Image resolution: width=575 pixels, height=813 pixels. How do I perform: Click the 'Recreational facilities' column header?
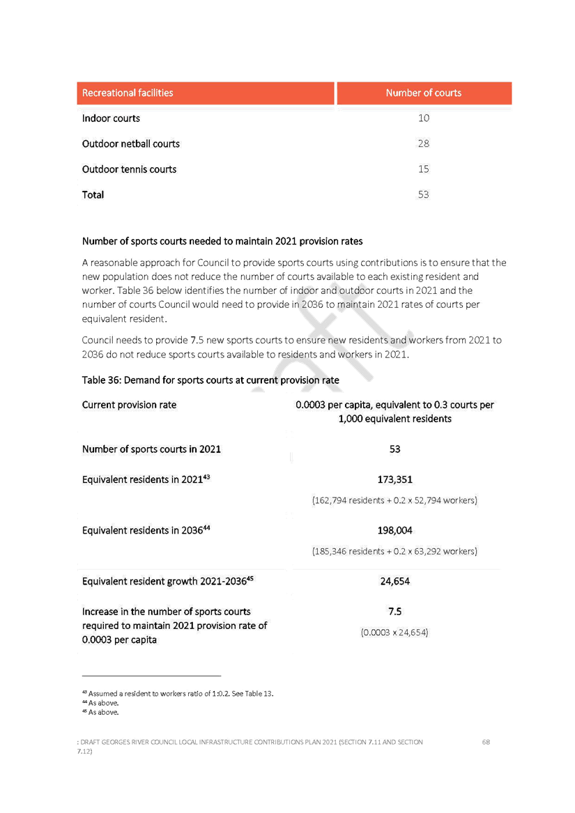pos(128,93)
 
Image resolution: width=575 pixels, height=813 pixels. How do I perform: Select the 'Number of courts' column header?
pos(424,93)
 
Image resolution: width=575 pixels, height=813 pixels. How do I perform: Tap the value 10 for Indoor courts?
pos(424,118)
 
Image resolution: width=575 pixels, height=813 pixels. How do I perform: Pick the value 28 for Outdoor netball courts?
pos(424,144)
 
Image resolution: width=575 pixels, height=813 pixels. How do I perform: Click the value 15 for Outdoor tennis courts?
pos(424,169)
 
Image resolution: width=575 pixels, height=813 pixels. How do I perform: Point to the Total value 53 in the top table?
pos(424,194)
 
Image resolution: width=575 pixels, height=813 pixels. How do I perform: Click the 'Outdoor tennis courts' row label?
pos(129,169)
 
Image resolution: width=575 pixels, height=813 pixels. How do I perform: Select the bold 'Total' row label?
pos(93,195)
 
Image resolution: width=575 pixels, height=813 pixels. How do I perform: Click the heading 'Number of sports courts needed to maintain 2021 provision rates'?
pos(222,241)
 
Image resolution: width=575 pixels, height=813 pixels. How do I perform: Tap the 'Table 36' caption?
pos(210,380)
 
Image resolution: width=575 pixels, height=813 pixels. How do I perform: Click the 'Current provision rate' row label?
pos(129,405)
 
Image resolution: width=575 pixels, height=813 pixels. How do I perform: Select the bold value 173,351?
pos(395,479)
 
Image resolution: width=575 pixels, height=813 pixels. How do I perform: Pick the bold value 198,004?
pos(395,530)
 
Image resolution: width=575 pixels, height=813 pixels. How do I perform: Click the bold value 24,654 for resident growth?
pos(395,581)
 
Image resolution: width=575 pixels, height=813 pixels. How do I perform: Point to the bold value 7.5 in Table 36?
pos(395,611)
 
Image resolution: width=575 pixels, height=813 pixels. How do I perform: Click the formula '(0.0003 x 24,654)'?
pos(394,633)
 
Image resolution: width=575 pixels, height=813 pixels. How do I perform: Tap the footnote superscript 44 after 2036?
pos(206,527)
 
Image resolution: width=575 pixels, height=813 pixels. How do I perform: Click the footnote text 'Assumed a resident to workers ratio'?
pos(151,694)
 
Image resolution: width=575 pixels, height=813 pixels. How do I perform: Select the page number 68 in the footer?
pos(486,742)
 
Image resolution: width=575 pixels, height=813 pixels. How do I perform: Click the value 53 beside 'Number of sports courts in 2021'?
pos(395,449)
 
